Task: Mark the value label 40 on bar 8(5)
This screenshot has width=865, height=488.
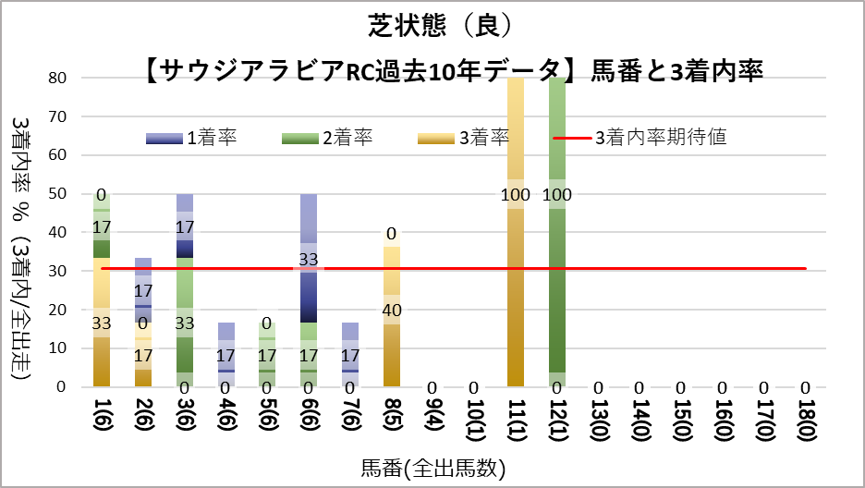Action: point(392,310)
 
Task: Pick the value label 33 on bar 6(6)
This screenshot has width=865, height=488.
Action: point(309,260)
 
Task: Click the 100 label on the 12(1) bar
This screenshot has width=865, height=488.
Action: point(556,194)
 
